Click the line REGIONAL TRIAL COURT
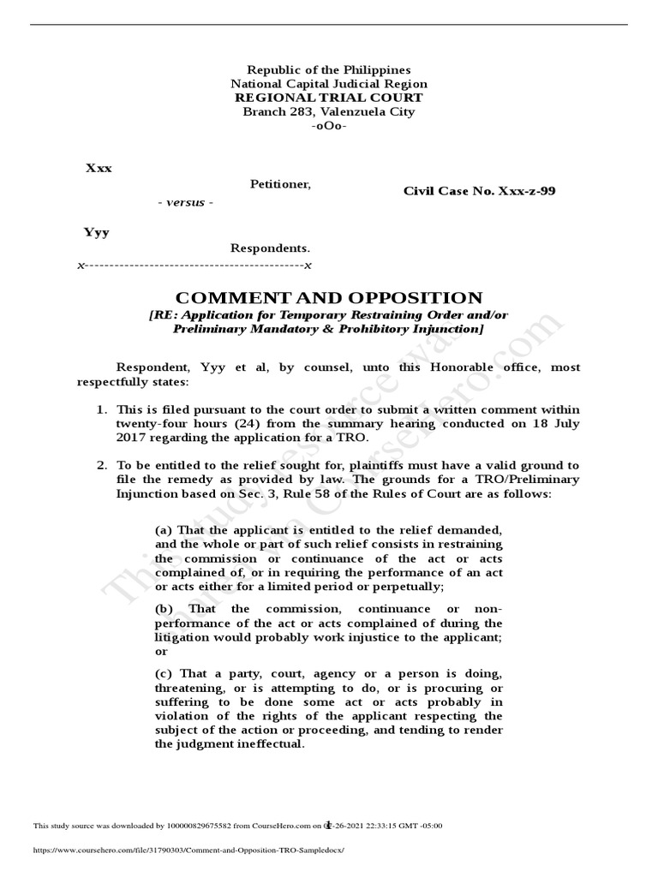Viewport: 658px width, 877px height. pyautogui.click(x=329, y=98)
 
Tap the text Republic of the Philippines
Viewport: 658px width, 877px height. pyautogui.click(x=329, y=69)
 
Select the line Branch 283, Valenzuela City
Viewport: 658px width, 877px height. pyautogui.click(x=329, y=111)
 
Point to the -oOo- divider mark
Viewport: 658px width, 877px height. pyautogui.click(x=329, y=126)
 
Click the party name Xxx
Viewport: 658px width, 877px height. pyautogui.click(x=99, y=168)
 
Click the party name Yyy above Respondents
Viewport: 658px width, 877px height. pyautogui.click(x=96, y=232)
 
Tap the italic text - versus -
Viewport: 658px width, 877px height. pyautogui.click(x=185, y=202)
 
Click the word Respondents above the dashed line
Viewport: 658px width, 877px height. pyautogui.click(x=270, y=248)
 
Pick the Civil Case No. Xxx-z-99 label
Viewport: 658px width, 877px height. pyautogui.click(x=479, y=191)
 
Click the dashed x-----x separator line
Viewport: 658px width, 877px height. pyautogui.click(x=194, y=265)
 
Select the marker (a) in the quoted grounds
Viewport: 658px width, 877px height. pyautogui.click(x=163, y=530)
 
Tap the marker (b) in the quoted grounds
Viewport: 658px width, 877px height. pyautogui.click(x=164, y=608)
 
